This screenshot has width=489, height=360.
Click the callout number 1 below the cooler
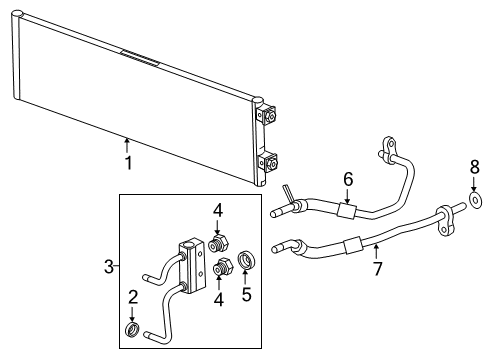(127, 162)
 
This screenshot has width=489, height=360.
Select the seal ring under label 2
(133, 329)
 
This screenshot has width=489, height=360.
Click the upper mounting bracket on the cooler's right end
(267, 117)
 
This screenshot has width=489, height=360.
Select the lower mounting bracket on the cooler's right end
(267, 163)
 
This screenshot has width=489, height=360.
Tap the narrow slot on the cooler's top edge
(139, 58)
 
